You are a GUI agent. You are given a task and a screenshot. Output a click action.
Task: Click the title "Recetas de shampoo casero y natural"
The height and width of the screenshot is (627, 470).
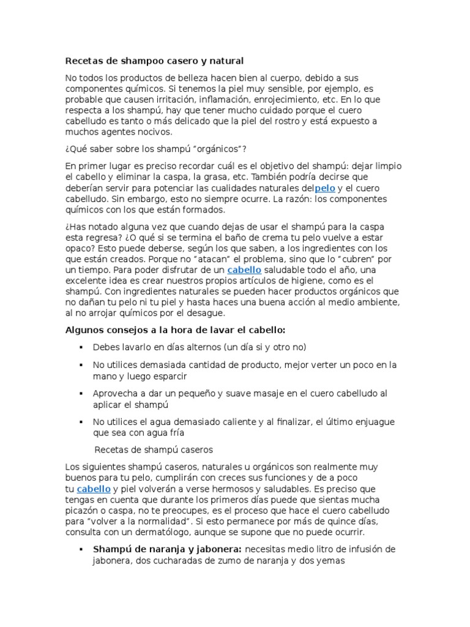pyautogui.click(x=154, y=61)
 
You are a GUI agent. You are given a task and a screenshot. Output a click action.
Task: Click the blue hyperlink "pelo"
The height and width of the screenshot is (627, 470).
pyautogui.click(x=324, y=189)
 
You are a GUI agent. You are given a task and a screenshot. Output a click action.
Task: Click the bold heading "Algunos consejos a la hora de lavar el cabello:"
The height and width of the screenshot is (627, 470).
pyautogui.click(x=175, y=330)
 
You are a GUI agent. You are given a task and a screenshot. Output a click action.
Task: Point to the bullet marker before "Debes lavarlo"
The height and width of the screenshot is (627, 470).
pyautogui.click(x=81, y=347)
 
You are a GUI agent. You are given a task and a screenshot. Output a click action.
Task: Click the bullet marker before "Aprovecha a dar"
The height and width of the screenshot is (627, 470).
pyautogui.click(x=81, y=394)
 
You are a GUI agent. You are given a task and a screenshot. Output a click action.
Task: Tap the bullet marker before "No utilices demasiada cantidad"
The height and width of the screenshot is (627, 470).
pyautogui.click(x=81, y=365)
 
